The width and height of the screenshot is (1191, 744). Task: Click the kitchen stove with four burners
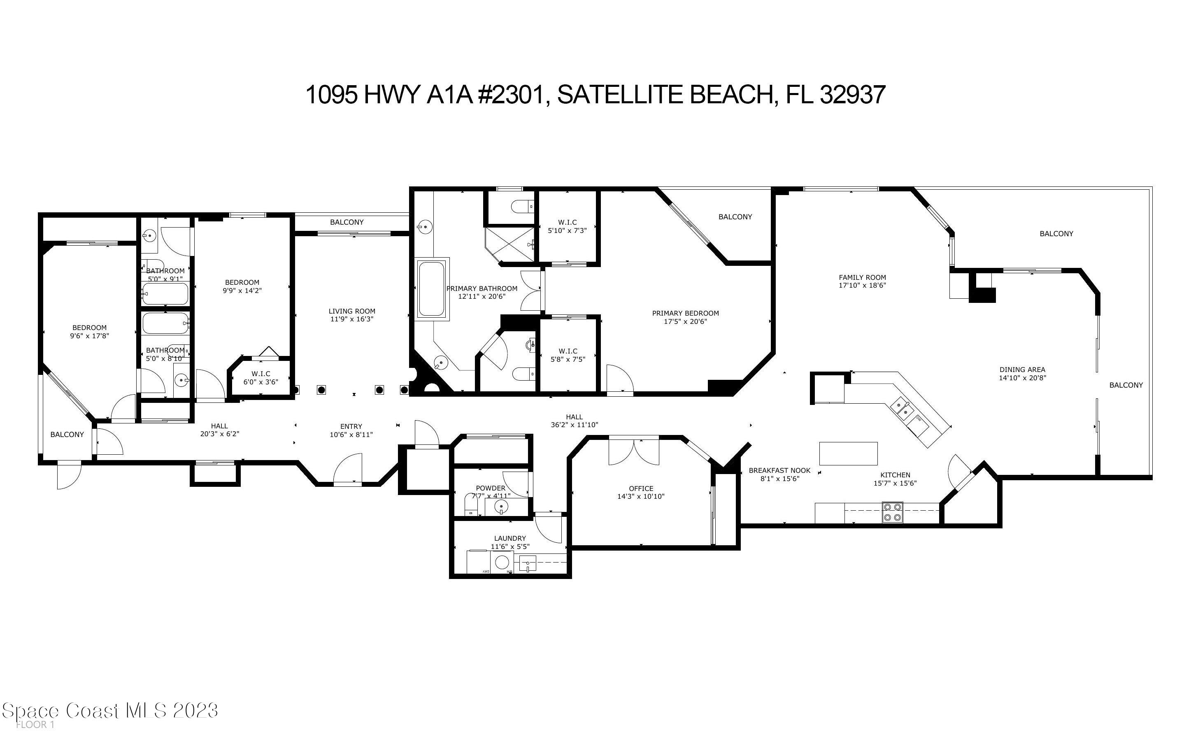point(892,512)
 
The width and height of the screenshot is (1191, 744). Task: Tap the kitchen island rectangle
point(848,453)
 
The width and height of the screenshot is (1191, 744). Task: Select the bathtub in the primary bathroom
point(431,289)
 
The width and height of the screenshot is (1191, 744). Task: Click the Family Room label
point(862,277)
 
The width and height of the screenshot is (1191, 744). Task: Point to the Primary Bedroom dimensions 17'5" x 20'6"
point(685,322)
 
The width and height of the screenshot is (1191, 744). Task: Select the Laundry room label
point(509,538)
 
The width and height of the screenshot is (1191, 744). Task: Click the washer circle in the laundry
point(502,563)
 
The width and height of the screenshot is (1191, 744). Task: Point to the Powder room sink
point(501,506)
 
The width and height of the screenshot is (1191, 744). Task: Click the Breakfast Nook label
point(779,470)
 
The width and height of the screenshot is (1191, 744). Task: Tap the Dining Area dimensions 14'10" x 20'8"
point(1022,378)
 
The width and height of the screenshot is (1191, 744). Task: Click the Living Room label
point(352,311)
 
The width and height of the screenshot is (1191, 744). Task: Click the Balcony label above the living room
point(347,222)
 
